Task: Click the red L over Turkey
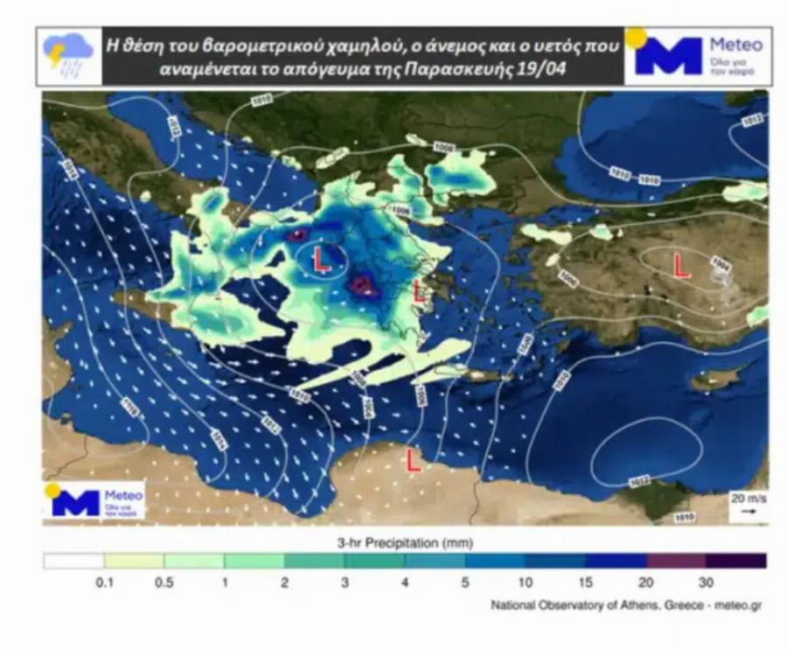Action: pos(680,265)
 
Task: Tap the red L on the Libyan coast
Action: pos(414,460)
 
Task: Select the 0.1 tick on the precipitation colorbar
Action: pos(103,583)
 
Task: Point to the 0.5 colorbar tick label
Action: pos(164,583)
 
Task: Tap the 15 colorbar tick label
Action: pos(585,583)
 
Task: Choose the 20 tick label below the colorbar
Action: pos(645,583)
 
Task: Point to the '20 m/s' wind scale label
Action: pos(747,498)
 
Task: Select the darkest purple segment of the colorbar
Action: pos(736,561)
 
